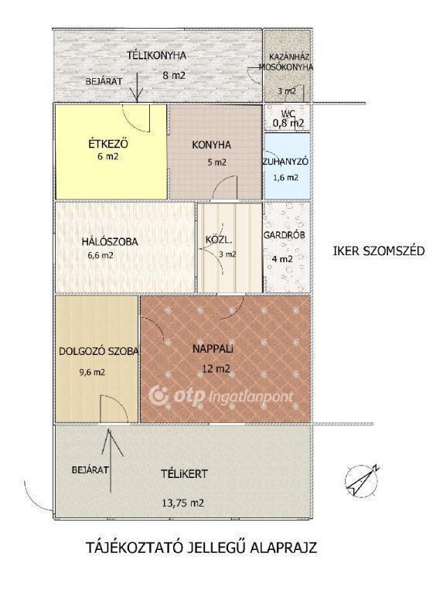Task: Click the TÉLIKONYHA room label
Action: [156, 56]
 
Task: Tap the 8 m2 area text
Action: [174, 75]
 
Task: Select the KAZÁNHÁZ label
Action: [289, 57]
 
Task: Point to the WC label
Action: [288, 113]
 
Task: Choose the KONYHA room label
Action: [211, 145]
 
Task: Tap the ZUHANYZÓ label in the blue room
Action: [286, 162]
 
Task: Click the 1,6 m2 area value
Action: [286, 177]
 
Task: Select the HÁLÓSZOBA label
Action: [110, 241]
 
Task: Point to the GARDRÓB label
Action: [285, 235]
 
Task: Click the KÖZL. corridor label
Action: [219, 240]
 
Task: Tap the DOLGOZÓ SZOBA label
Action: [98, 351]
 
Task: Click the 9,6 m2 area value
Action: [92, 372]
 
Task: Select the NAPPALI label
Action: [213, 349]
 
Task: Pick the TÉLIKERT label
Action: [184, 474]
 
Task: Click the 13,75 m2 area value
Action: [183, 503]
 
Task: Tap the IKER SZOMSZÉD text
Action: [379, 251]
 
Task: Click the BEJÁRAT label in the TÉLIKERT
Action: [90, 469]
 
